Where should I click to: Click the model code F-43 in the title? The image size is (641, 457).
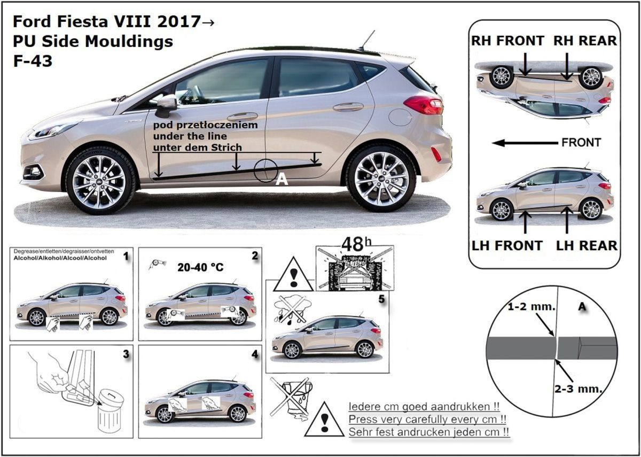tap(33, 61)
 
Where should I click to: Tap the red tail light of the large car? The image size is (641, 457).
tap(424, 105)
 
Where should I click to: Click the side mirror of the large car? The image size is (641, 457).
tap(166, 105)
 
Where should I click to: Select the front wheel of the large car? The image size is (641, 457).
tap(99, 182)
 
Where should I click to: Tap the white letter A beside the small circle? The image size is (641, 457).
tap(282, 180)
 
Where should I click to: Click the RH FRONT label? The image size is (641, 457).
tap(507, 41)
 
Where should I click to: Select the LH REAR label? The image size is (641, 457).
tap(587, 246)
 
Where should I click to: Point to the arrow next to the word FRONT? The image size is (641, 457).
tap(525, 143)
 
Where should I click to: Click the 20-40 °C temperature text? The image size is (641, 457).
tap(200, 267)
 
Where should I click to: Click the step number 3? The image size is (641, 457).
tap(126, 354)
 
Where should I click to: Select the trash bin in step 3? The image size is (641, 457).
tap(110, 412)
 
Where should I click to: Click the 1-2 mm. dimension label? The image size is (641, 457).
tap(531, 307)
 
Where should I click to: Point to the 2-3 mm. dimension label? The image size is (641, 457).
tap(579, 389)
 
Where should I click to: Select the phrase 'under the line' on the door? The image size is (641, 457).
tap(190, 136)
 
